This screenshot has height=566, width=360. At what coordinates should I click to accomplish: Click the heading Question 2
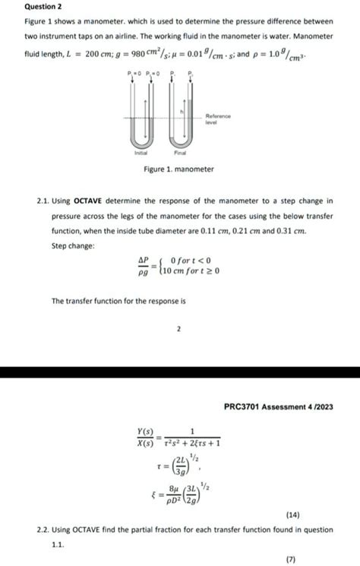[x=45, y=9]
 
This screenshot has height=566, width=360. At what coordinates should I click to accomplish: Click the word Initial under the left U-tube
[x=141, y=152]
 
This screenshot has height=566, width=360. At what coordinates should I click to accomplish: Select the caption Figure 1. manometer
[x=179, y=169]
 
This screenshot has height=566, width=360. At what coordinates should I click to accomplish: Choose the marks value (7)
[x=290, y=559]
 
